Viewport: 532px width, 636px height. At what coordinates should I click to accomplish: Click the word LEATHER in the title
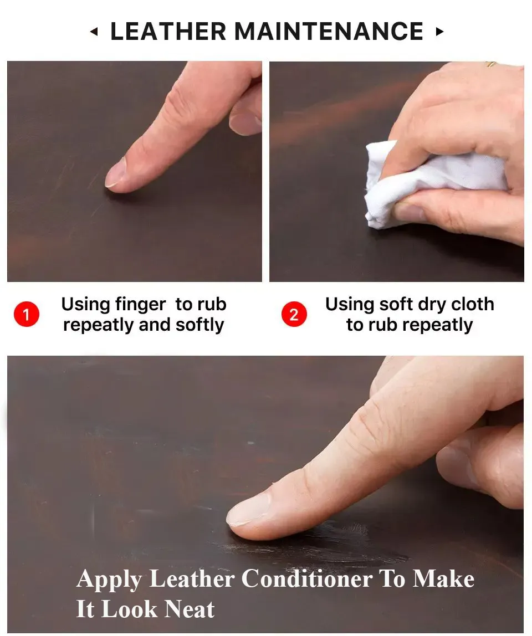[168, 31]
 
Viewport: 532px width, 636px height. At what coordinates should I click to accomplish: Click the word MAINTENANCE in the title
[329, 31]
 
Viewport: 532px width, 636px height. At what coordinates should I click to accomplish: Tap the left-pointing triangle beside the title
[94, 31]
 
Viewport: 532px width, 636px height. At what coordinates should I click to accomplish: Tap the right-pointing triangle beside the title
[439, 31]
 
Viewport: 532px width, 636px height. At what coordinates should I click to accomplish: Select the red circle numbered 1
[27, 314]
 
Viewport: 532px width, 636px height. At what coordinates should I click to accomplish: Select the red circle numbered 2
[294, 314]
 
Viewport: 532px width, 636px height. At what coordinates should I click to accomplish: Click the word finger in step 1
[140, 305]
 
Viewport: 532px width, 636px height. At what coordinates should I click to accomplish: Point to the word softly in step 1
[199, 325]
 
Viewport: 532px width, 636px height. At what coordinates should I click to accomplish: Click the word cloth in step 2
[472, 304]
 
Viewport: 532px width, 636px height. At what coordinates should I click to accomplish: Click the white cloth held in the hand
[422, 182]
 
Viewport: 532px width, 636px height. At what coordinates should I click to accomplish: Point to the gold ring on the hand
[491, 64]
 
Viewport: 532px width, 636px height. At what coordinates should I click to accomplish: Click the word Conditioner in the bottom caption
[307, 578]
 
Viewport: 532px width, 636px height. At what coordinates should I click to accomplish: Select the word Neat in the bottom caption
[190, 609]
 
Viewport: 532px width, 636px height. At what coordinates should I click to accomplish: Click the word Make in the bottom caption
[443, 578]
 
